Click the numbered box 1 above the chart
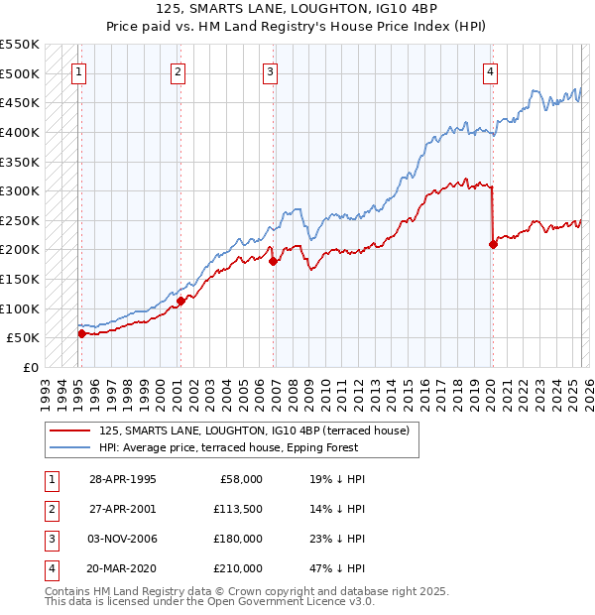(78, 71)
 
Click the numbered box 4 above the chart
(491, 71)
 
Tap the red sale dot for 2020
(493, 244)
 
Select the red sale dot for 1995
(81, 333)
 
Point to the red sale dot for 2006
(273, 262)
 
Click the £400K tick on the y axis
(21, 132)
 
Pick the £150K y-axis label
(21, 279)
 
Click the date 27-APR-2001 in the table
(123, 509)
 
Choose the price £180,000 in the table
(238, 539)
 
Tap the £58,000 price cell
(241, 479)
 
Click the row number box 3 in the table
(51, 539)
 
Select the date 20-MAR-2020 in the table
(123, 568)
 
